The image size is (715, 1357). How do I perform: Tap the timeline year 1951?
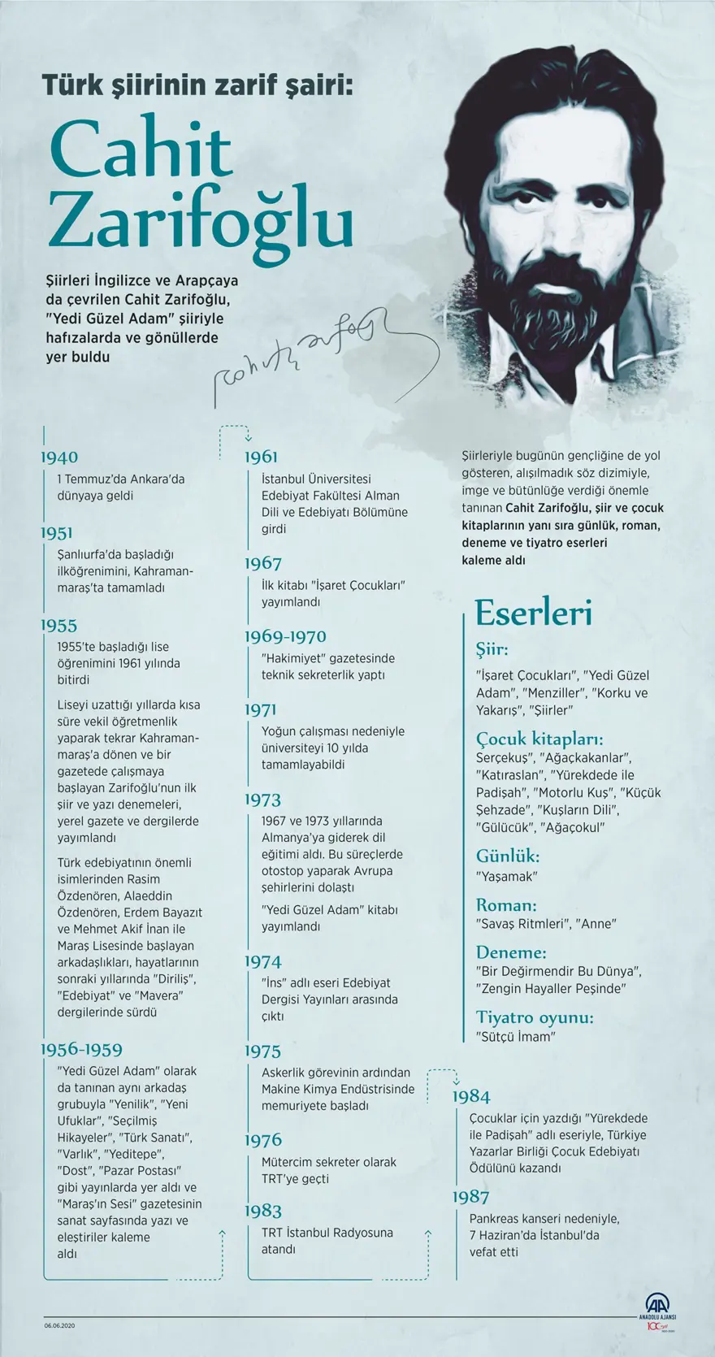click(x=57, y=533)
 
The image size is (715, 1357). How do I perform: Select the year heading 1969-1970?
click(x=285, y=636)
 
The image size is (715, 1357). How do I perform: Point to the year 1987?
click(x=471, y=1196)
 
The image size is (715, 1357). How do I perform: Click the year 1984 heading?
click(x=471, y=1097)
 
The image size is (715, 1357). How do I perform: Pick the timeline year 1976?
click(x=263, y=1140)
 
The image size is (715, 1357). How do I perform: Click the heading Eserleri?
click(x=533, y=613)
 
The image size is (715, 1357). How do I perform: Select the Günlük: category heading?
click(x=508, y=856)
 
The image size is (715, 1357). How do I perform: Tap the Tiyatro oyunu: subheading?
click(x=535, y=1017)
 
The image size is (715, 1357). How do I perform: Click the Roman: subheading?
click(x=506, y=904)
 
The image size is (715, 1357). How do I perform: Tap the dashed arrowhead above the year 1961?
click(x=249, y=437)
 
